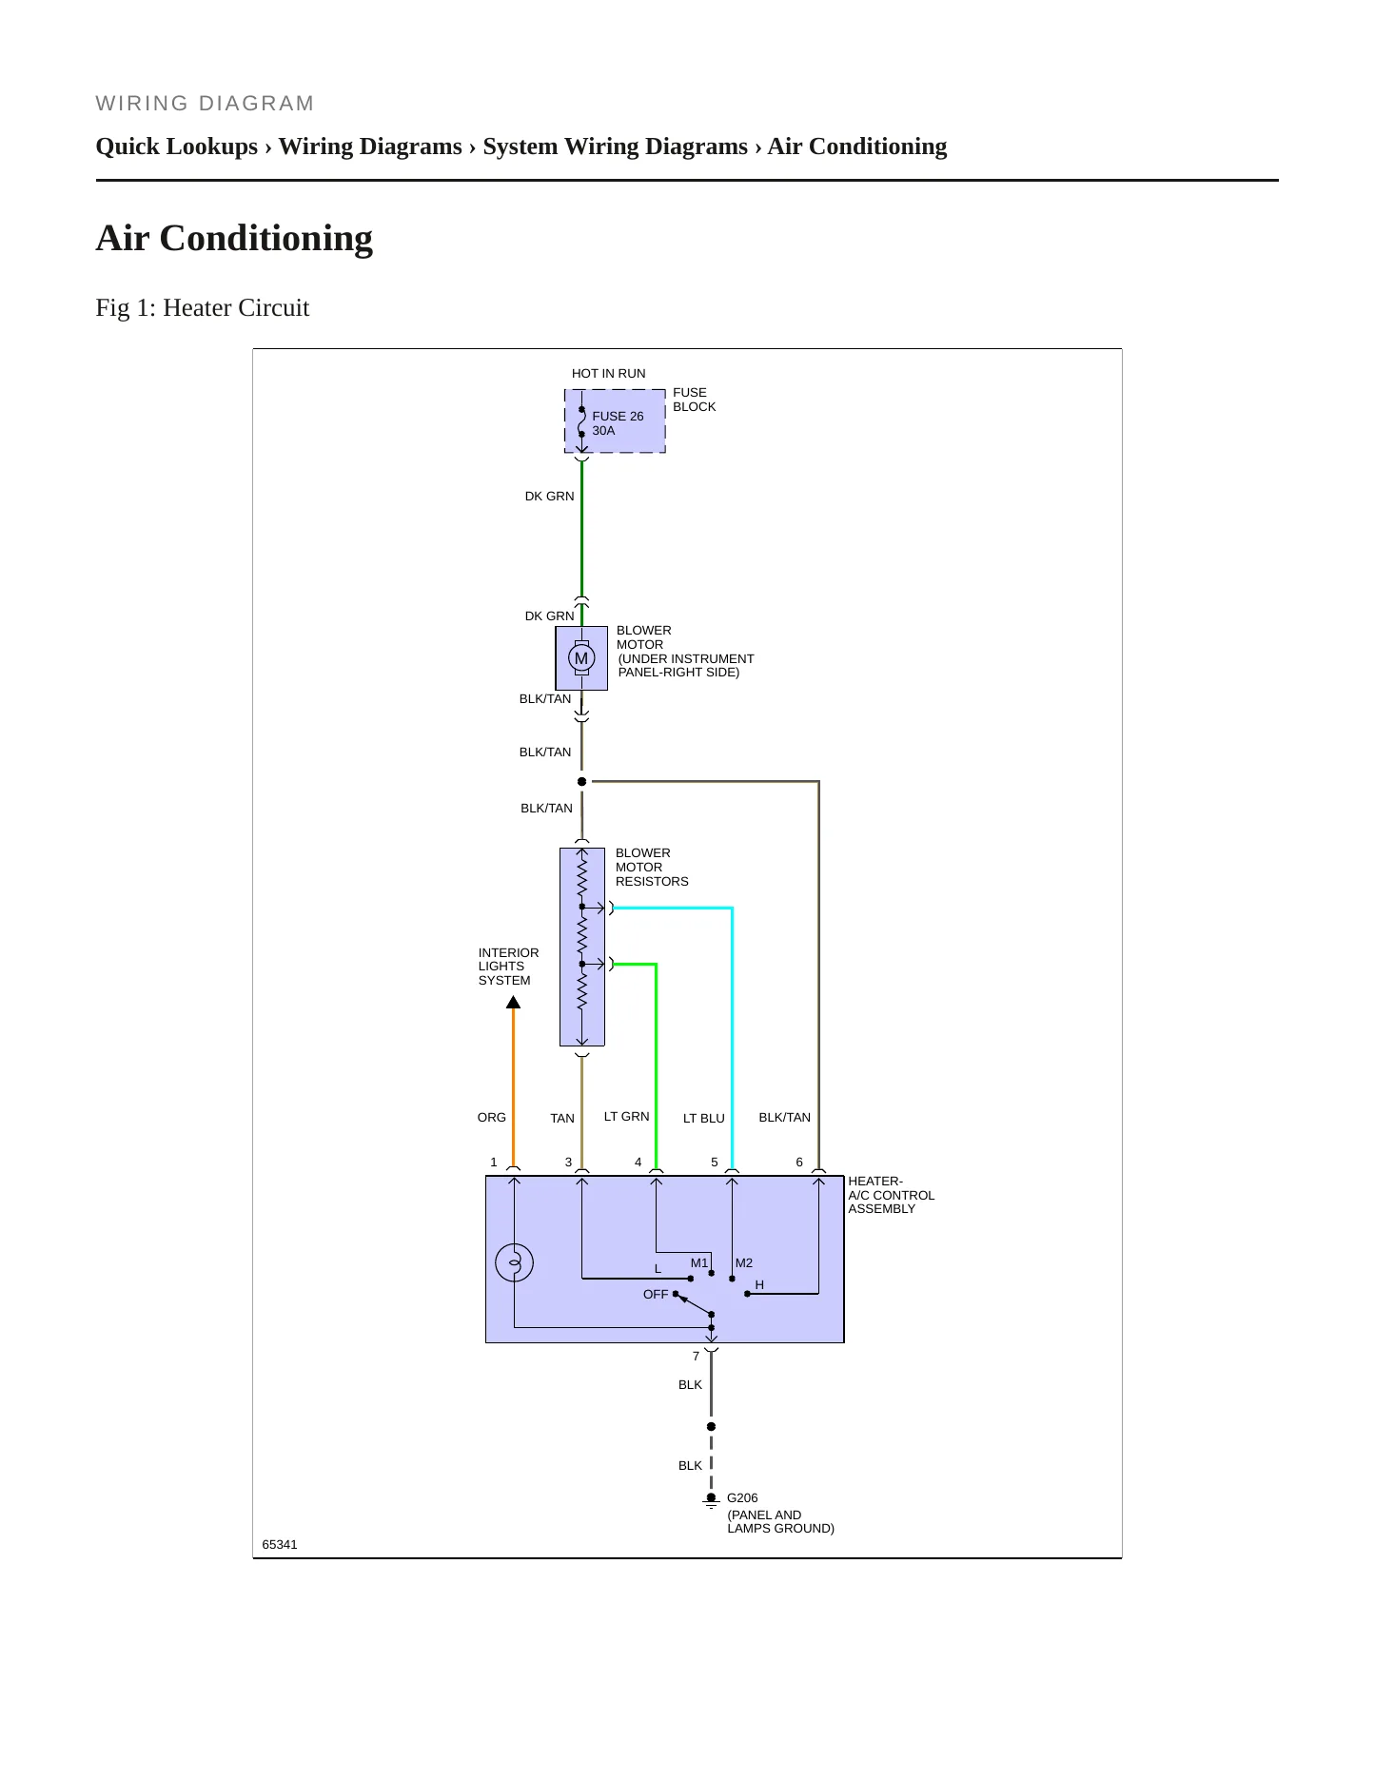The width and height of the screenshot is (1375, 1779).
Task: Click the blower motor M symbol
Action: pyautogui.click(x=581, y=657)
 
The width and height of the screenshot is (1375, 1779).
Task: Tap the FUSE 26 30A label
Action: pyautogui.click(x=618, y=423)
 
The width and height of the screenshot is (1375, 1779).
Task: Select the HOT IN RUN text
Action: pyautogui.click(x=608, y=374)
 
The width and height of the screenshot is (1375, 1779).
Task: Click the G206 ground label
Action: pyautogui.click(x=742, y=1497)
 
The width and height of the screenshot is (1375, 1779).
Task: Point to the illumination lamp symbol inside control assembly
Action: pyautogui.click(x=514, y=1262)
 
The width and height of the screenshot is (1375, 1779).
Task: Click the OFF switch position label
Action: pyautogui.click(x=656, y=1295)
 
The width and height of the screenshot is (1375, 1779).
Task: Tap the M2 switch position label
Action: pyautogui.click(x=744, y=1263)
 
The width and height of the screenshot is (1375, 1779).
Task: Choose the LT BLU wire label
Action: pyautogui.click(x=704, y=1119)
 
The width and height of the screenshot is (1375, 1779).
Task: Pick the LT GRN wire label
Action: pyautogui.click(x=627, y=1117)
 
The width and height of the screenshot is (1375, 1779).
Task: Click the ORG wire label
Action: pyautogui.click(x=492, y=1118)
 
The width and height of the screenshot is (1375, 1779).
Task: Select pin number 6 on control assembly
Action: pyautogui.click(x=799, y=1163)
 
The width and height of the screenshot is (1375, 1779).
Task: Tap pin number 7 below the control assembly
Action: pyautogui.click(x=696, y=1357)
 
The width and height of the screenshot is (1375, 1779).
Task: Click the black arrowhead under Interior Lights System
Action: pyautogui.click(x=513, y=1002)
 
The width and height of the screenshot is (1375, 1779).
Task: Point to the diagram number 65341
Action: pyautogui.click(x=280, y=1544)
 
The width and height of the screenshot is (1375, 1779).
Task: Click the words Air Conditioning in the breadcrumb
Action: pyautogui.click(x=857, y=147)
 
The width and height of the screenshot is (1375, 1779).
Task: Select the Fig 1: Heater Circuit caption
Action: pyautogui.click(x=203, y=308)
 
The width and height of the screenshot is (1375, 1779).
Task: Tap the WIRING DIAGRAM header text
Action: pyautogui.click(x=206, y=104)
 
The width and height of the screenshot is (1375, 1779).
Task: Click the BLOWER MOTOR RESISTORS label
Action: pyautogui.click(x=652, y=868)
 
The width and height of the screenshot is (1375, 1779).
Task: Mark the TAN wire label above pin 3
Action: pyautogui.click(x=562, y=1119)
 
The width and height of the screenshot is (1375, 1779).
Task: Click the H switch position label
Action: pyautogui.click(x=759, y=1285)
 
